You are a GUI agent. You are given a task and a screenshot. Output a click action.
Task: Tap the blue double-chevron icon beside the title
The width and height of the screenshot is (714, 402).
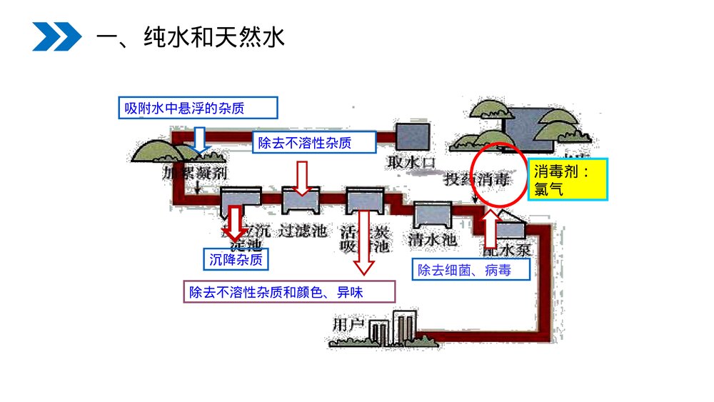pyautogui.click(x=56, y=36)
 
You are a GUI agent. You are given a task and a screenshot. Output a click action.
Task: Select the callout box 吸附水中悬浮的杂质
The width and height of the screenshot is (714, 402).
pyautogui.click(x=196, y=108)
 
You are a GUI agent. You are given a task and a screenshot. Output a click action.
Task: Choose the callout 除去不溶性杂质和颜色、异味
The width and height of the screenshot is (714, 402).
pyautogui.click(x=288, y=292)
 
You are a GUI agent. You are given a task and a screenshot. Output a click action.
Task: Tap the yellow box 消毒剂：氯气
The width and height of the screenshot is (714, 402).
pyautogui.click(x=568, y=179)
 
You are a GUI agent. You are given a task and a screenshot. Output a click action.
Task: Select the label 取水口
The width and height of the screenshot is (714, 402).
pyautogui.click(x=411, y=162)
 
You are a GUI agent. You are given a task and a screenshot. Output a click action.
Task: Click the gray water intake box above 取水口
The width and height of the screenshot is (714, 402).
pyautogui.click(x=412, y=136)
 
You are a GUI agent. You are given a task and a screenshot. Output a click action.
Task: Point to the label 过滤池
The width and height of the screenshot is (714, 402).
pyautogui.click(x=302, y=231)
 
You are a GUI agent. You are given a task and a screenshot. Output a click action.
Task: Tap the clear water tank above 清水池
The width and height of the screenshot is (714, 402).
pyautogui.click(x=433, y=214)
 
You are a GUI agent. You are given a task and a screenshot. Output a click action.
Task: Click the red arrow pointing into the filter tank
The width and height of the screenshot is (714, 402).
pyautogui.click(x=303, y=178)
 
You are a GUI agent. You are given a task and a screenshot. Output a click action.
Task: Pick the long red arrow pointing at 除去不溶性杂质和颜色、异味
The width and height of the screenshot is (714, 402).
pyautogui.click(x=365, y=243)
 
